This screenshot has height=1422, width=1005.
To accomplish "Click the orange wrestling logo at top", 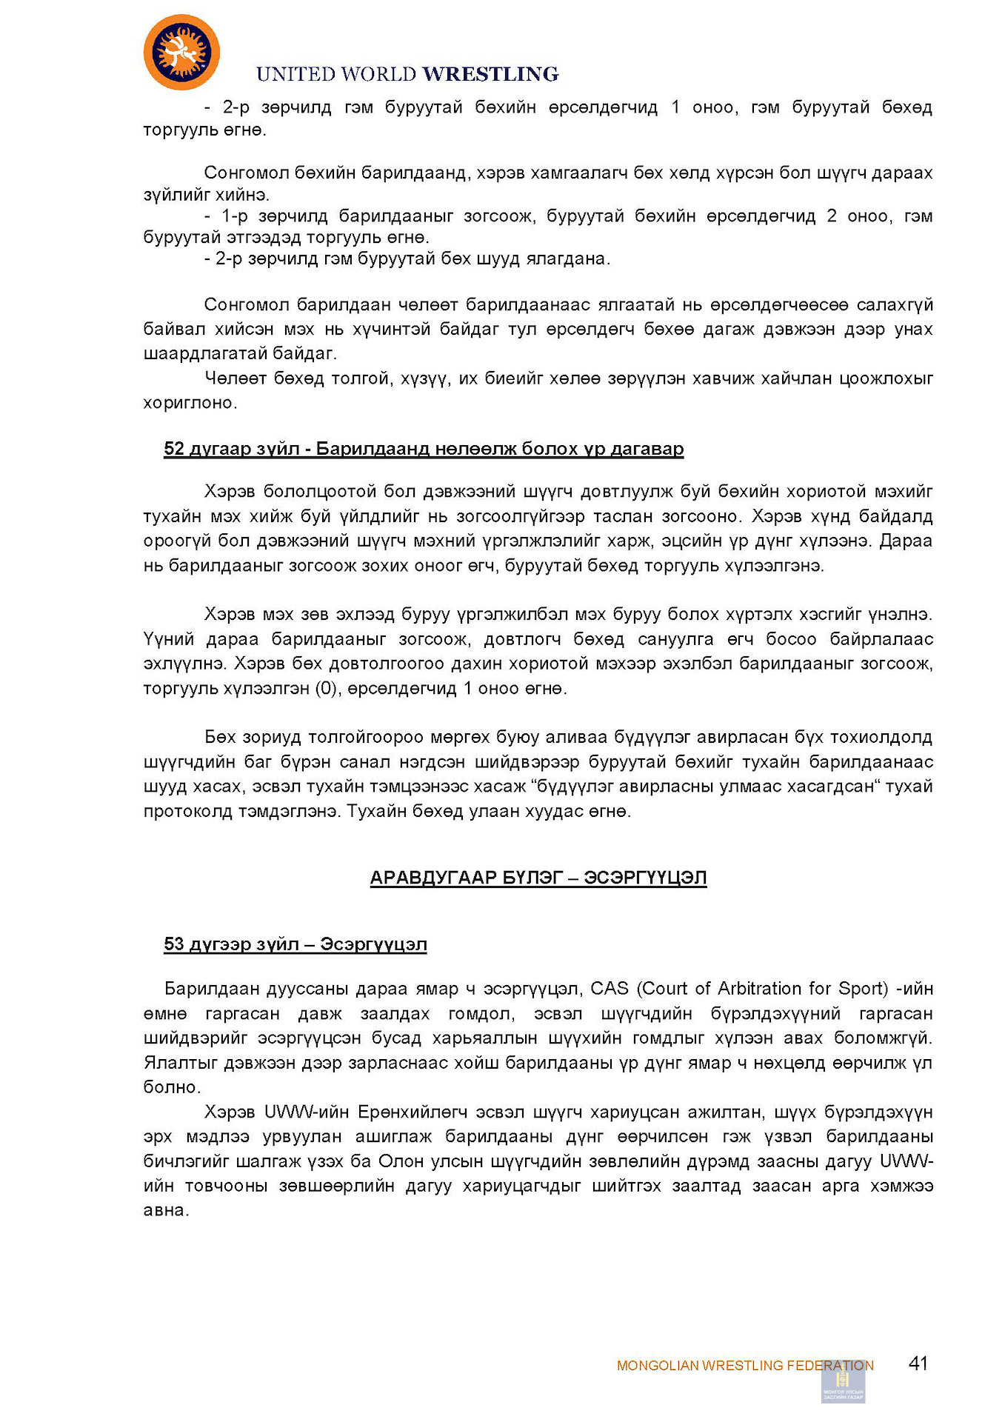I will [181, 53].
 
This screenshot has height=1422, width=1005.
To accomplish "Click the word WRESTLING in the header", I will [490, 74].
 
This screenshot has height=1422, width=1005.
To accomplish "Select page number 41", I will [918, 1363].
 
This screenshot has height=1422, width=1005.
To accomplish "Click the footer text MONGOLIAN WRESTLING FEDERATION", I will [744, 1366].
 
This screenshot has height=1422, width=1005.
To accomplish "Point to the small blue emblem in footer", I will [843, 1383].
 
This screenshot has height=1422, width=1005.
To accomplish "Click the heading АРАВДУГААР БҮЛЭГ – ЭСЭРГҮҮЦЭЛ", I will [538, 878].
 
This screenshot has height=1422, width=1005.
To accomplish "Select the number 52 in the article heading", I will [174, 449].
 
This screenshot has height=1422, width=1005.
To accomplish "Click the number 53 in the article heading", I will [174, 944].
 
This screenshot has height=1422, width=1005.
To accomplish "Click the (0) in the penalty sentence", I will [326, 689].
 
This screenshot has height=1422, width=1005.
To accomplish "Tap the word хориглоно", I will [190, 404].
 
